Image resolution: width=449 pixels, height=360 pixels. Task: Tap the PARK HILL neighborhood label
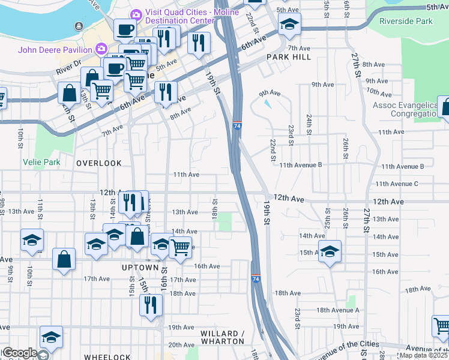(x=290, y=56)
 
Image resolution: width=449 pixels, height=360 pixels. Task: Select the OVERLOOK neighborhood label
(x=99, y=163)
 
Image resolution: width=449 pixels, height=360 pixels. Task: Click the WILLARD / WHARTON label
(x=214, y=337)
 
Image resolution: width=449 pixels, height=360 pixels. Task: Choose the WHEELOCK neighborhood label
(x=107, y=356)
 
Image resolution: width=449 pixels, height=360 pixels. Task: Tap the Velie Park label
(x=42, y=162)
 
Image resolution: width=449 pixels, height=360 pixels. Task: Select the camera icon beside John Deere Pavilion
(x=101, y=48)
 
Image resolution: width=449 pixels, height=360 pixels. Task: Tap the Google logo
(x=19, y=353)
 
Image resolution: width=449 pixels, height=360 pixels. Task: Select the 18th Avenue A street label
(x=337, y=310)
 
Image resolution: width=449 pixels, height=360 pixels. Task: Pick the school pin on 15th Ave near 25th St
(x=329, y=251)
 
